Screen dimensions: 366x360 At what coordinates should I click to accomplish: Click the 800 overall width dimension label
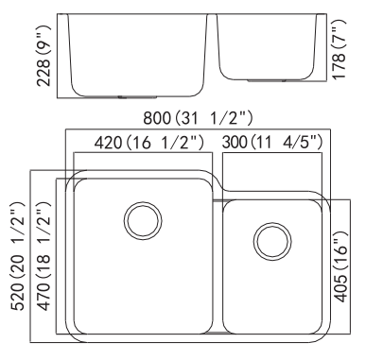[x=198, y=118]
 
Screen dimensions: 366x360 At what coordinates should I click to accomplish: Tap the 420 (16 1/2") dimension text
[x=149, y=143]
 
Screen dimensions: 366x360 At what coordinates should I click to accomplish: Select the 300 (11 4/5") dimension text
[x=272, y=142]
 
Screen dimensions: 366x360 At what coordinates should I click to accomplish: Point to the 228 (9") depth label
[x=44, y=56]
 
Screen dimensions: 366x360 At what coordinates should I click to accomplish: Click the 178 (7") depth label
[x=340, y=49]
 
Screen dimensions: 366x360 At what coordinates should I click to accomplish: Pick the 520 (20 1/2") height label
[x=17, y=256]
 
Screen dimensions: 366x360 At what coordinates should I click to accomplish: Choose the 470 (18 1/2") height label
[x=43, y=256]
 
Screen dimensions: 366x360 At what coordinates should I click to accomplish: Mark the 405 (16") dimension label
[x=340, y=267]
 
